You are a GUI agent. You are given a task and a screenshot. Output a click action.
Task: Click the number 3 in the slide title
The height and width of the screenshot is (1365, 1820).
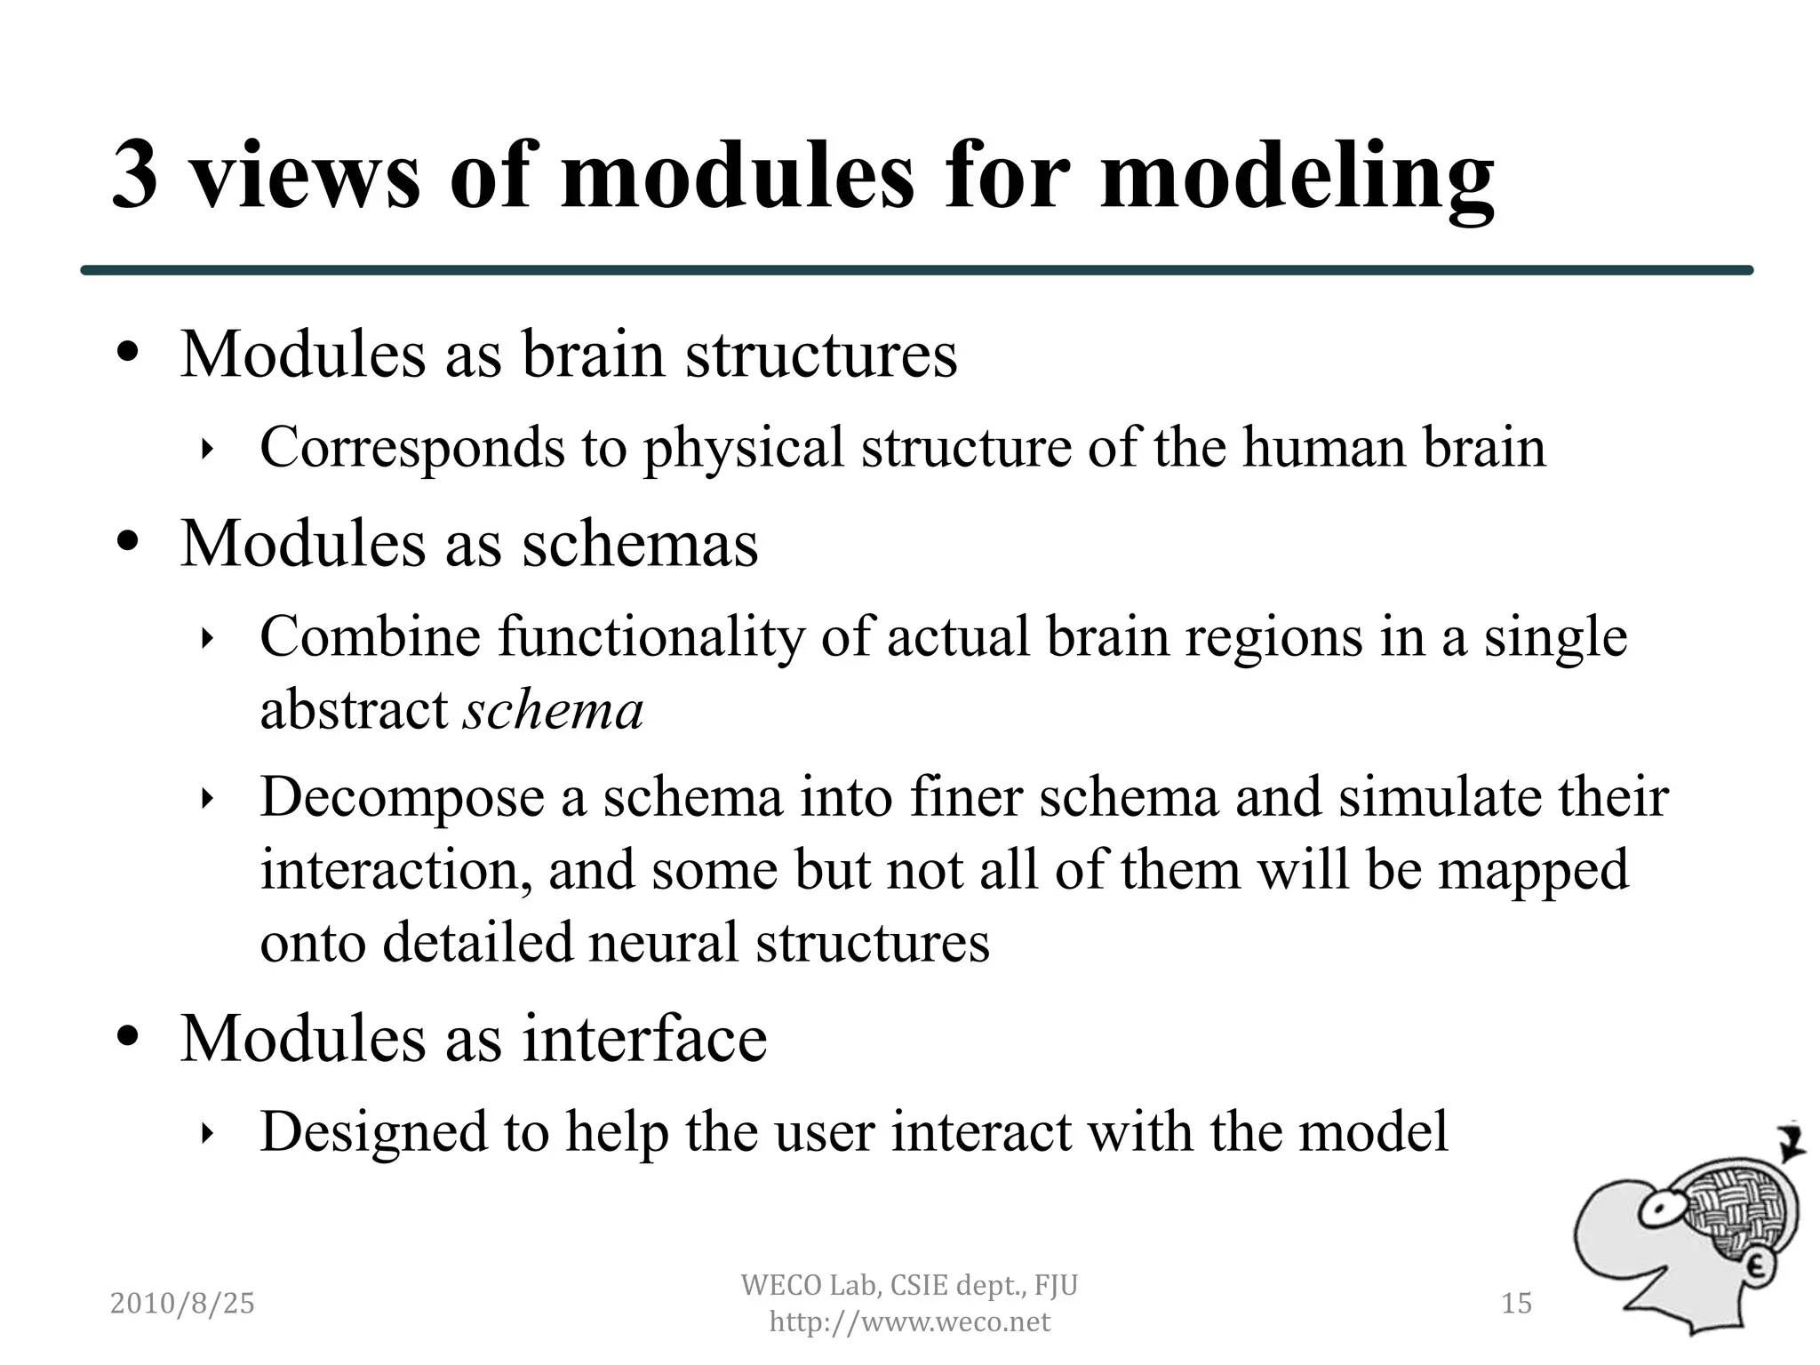(x=136, y=176)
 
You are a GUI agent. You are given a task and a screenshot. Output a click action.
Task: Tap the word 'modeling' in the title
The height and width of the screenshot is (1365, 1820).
(x=1297, y=178)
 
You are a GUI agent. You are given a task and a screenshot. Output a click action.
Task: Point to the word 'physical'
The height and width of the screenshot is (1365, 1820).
(x=743, y=449)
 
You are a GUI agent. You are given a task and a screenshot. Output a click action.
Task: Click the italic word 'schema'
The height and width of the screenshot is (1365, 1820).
(x=553, y=710)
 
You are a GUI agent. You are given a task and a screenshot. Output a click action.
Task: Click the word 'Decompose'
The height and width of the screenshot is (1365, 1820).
(x=402, y=797)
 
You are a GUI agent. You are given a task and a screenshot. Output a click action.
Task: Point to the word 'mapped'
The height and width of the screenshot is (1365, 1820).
(x=1533, y=870)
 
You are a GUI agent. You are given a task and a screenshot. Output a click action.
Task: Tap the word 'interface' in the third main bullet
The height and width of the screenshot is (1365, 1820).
(x=644, y=1037)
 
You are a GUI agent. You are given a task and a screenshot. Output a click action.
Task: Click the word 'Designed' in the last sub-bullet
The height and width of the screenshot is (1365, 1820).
(x=373, y=1131)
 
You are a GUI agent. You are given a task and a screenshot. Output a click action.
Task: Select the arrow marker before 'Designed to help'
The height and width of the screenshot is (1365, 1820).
(x=207, y=1133)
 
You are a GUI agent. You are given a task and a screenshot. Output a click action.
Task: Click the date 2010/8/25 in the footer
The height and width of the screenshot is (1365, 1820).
(x=182, y=1303)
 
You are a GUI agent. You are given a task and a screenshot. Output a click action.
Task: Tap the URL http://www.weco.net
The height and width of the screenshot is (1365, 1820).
(x=909, y=1322)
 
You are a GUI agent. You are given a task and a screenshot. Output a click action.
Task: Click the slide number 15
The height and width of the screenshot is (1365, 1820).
(x=1516, y=1303)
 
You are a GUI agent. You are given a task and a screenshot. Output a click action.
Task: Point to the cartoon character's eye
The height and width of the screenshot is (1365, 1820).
(x=1658, y=1209)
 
